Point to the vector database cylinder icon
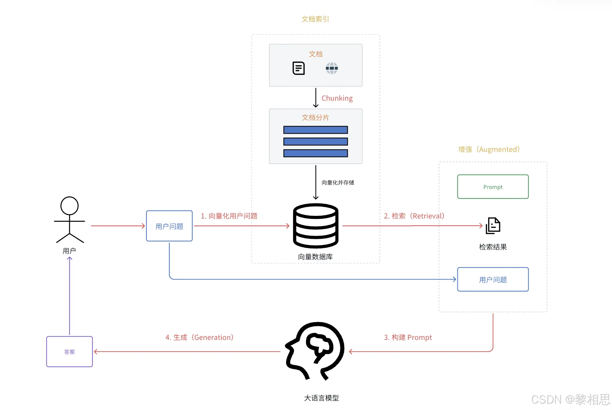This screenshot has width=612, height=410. click(x=316, y=226)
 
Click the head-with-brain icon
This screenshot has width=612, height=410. click(x=315, y=351)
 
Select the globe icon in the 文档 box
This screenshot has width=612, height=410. click(x=332, y=68)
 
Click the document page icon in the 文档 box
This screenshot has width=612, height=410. click(x=299, y=68)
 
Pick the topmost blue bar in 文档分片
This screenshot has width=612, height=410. click(x=316, y=130)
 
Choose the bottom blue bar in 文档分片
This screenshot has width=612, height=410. click(x=316, y=153)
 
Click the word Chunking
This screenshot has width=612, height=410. click(x=337, y=98)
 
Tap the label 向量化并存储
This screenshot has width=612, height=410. click(x=338, y=182)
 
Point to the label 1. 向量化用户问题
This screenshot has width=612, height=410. click(x=229, y=216)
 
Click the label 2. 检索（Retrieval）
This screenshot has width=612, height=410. click(x=414, y=216)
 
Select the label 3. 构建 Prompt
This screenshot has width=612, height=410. click(x=408, y=337)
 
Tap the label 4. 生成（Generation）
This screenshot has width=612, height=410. click(x=200, y=337)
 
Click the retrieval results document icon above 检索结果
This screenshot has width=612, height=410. click(x=493, y=226)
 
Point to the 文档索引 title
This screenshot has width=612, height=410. click(x=315, y=19)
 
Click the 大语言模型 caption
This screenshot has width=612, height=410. click(x=322, y=398)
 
